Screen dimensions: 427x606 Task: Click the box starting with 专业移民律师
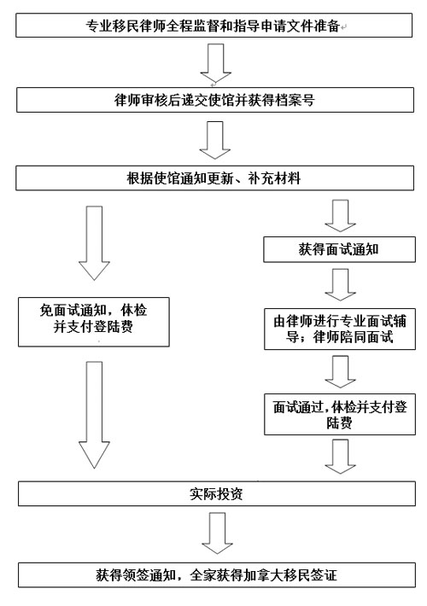point(213,26)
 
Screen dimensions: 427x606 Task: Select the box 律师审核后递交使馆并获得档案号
point(215,100)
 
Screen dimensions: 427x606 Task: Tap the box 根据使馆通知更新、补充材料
point(214,178)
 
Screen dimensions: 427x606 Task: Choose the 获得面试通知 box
point(339,250)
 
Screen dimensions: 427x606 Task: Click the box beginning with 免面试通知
point(94,322)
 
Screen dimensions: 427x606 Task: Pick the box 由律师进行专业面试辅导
point(340,329)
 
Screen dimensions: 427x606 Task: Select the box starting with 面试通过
point(340,415)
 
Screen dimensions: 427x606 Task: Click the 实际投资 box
point(217,494)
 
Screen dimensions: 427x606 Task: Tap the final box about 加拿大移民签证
point(217,575)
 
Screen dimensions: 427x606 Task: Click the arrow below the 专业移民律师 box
point(216,63)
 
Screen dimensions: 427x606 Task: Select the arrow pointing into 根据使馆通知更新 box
point(215,140)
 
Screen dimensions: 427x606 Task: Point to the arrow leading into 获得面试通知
point(341,216)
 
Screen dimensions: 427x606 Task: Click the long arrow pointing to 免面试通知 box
point(95,243)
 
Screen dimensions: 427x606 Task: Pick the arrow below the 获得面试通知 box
point(341,285)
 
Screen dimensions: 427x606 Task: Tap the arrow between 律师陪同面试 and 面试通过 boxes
point(341,372)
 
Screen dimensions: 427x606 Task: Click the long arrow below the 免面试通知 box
point(95,415)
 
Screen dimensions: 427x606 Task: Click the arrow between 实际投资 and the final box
point(218,533)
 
